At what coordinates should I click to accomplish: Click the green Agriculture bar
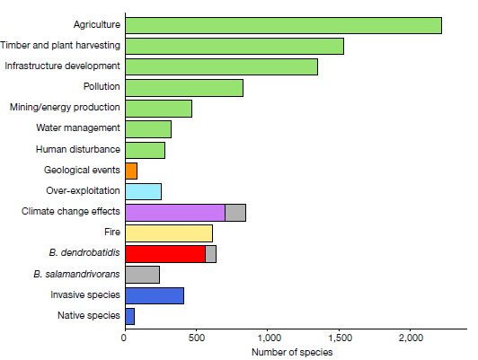point(284,25)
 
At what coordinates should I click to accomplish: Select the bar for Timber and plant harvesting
point(235,47)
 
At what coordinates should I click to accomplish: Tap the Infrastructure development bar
point(222,66)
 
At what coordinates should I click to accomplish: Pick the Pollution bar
point(184,88)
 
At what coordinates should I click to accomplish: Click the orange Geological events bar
point(131,171)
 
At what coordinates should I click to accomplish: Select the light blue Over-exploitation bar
point(143,191)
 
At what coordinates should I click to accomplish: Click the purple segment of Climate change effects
point(175,213)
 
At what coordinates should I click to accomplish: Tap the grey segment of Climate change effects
point(235,213)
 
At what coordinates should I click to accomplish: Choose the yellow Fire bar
point(169,233)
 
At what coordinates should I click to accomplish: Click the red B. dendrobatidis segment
point(165,254)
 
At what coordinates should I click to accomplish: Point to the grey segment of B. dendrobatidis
point(211,254)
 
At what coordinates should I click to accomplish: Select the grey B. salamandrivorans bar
point(142,275)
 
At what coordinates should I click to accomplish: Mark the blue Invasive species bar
point(155,295)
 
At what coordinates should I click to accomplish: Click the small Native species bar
point(130,316)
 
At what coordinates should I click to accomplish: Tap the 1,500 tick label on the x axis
point(339,338)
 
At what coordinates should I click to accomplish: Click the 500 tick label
point(196,338)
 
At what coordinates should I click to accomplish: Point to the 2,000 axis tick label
point(411,338)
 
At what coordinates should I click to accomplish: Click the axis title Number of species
point(292,353)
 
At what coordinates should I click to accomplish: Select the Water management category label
point(78,128)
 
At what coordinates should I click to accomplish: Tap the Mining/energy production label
point(65,108)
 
